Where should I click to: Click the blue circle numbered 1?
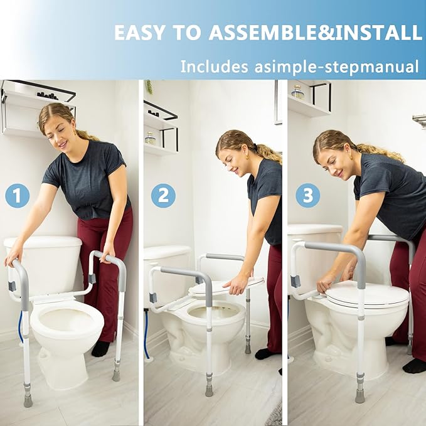[x=17, y=196]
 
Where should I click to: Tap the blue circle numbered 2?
[x=163, y=196]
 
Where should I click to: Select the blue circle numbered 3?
[x=307, y=196]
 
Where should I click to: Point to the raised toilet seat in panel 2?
[x=226, y=286]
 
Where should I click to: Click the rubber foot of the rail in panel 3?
[x=359, y=396]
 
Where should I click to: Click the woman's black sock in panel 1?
[x=100, y=349]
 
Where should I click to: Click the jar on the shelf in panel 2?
[x=151, y=137]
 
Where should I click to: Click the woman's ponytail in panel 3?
[x=383, y=152]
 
